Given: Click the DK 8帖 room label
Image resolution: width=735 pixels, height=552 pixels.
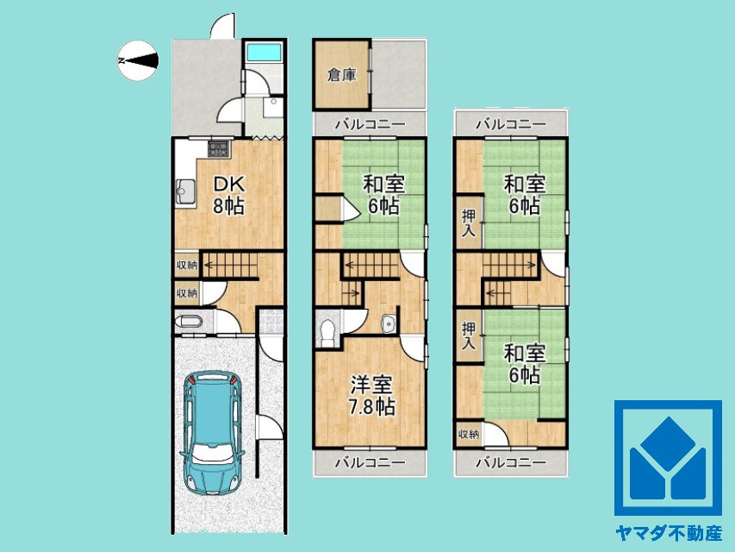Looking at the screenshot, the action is (x=229, y=195).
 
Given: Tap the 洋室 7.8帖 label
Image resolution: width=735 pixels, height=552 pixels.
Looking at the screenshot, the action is (x=371, y=396).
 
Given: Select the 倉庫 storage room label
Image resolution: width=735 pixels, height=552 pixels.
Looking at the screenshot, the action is (x=342, y=75).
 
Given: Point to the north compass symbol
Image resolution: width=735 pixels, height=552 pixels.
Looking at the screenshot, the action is (x=138, y=60).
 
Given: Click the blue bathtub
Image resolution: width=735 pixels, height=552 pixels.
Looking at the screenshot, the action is (x=263, y=53).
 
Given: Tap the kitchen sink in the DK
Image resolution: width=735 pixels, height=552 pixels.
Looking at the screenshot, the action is (x=185, y=192).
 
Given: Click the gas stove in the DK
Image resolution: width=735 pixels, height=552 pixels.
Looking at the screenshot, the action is (x=219, y=148).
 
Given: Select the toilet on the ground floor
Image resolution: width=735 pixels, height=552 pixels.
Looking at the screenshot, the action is (x=189, y=323).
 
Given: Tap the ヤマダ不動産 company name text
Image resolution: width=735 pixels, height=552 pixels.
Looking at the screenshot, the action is (x=668, y=533).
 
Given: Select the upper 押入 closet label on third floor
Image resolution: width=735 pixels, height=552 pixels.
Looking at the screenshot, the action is (x=469, y=223).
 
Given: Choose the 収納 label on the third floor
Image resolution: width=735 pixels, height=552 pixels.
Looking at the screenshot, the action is (x=468, y=434).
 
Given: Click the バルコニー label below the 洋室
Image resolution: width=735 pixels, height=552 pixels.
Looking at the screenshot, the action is (x=371, y=463).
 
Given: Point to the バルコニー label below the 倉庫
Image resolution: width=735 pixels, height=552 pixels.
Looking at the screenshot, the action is (x=371, y=124).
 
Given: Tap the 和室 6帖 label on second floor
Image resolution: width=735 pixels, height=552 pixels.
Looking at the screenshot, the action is (x=383, y=194).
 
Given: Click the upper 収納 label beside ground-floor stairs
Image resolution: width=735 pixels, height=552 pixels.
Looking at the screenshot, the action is (x=187, y=265).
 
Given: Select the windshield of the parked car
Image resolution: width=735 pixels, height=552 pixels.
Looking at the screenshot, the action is (x=212, y=453).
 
